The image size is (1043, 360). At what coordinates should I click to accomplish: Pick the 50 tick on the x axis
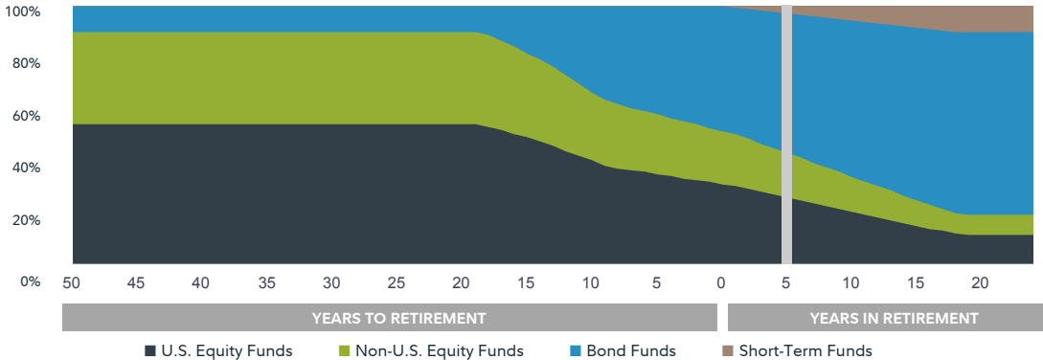tap(71, 283)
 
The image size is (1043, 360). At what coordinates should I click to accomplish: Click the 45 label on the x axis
tap(136, 283)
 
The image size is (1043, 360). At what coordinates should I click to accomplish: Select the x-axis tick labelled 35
tap(266, 283)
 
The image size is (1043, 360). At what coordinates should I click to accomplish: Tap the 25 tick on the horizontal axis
tap(396, 283)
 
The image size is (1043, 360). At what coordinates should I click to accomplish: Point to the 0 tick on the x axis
tap(721, 283)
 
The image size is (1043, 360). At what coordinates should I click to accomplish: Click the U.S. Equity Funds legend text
tap(227, 350)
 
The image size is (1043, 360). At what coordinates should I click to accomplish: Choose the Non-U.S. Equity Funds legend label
tap(440, 350)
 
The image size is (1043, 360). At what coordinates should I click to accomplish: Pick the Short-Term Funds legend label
tap(805, 350)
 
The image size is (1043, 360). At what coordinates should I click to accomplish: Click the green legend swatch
tap(345, 351)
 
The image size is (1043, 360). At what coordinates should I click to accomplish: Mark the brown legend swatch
tap(728, 351)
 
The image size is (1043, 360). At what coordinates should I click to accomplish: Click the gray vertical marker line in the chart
tap(786, 134)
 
